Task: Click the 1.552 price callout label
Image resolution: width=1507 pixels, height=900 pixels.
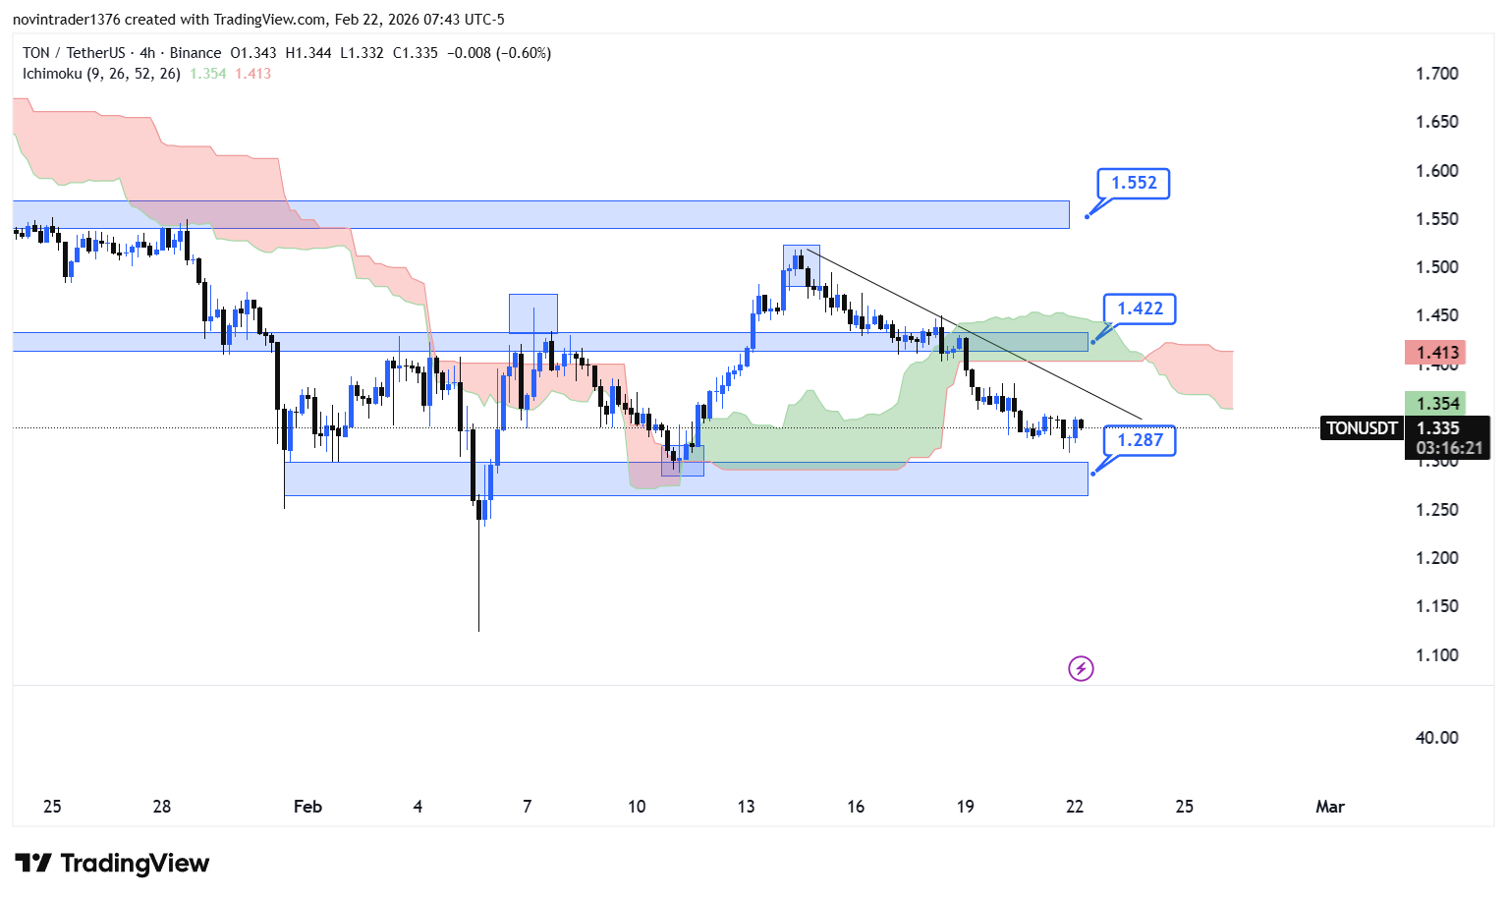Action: click(1134, 183)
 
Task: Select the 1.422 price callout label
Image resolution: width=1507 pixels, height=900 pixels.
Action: click(1140, 309)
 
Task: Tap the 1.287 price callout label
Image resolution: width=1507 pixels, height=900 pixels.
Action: click(1140, 440)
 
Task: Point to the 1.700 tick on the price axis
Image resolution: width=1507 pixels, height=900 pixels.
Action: click(1436, 74)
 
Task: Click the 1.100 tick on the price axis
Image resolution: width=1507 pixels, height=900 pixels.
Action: click(1436, 655)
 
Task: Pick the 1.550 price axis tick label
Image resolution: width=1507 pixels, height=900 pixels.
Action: click(1436, 219)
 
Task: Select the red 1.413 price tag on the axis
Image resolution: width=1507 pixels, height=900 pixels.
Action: click(1436, 353)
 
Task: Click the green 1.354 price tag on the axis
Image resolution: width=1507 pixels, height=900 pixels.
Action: click(1436, 404)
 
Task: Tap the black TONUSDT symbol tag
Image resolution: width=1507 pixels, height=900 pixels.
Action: click(1362, 428)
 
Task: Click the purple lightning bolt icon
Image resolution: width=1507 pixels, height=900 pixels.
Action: click(1081, 669)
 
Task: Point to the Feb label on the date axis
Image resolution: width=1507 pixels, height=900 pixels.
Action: click(307, 807)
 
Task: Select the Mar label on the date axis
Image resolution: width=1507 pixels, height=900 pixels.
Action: click(1329, 807)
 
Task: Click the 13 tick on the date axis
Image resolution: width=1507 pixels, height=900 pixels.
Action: click(746, 807)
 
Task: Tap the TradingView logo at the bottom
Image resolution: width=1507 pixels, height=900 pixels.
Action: click(113, 864)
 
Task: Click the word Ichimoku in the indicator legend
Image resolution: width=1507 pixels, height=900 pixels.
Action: click(52, 74)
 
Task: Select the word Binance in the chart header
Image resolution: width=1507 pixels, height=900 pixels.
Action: click(195, 53)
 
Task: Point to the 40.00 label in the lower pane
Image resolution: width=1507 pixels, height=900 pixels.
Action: click(1436, 738)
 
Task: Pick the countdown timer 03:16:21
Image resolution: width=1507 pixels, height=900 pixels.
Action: click(1449, 448)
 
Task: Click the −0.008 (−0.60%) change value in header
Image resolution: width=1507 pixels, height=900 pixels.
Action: click(499, 53)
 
